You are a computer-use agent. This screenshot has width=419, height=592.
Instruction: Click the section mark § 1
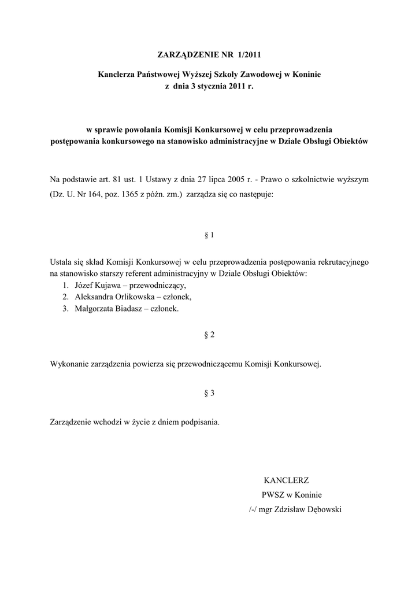pyautogui.click(x=210, y=235)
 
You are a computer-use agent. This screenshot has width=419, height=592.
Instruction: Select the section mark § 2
pyautogui.click(x=210, y=335)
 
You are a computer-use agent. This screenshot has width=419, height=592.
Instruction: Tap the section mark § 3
pyautogui.click(x=210, y=393)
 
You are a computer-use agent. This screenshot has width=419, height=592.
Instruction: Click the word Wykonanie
pyautogui.click(x=70, y=365)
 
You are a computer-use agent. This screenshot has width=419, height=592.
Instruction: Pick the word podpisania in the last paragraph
pyautogui.click(x=200, y=423)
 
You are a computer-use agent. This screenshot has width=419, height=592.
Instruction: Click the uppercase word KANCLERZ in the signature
pyautogui.click(x=286, y=480)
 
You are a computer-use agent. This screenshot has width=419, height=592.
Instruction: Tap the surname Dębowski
pyautogui.click(x=322, y=510)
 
